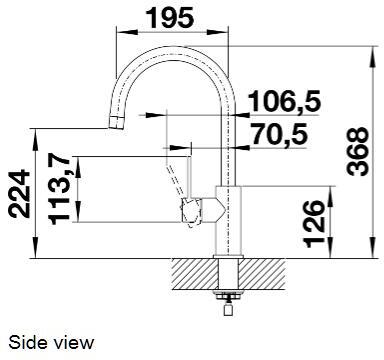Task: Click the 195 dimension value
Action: point(172,17)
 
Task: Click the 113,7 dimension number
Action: point(56,188)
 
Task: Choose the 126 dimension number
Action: point(312,221)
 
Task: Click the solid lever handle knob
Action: point(191,209)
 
